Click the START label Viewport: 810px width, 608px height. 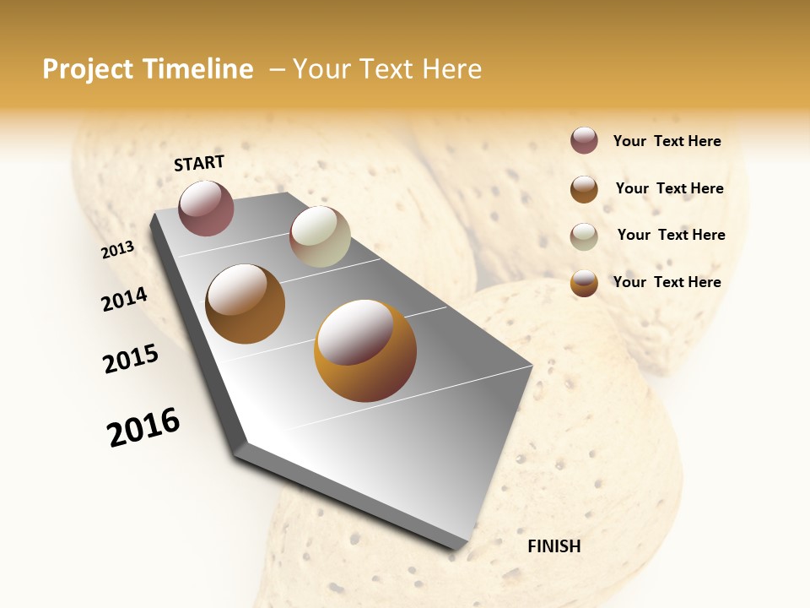tap(199, 163)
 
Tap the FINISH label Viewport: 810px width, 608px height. tap(554, 546)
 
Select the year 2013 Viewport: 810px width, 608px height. tap(118, 250)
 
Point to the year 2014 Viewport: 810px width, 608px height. tap(124, 299)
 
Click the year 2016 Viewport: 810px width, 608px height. tap(143, 427)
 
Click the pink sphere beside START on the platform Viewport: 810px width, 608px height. tap(206, 208)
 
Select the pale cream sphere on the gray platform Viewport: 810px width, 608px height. tap(320, 236)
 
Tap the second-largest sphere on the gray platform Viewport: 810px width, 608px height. tap(245, 304)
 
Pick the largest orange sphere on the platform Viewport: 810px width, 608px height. tap(364, 350)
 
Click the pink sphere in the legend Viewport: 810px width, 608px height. tap(584, 140)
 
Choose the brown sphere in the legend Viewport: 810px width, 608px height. tap(584, 189)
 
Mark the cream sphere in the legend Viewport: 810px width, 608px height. tap(584, 236)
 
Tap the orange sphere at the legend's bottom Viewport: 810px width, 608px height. tap(584, 284)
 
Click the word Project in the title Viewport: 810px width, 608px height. tap(89, 69)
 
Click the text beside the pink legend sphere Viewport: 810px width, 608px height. tap(667, 141)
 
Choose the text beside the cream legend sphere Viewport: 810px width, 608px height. tap(671, 235)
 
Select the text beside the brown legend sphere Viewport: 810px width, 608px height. tap(669, 188)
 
